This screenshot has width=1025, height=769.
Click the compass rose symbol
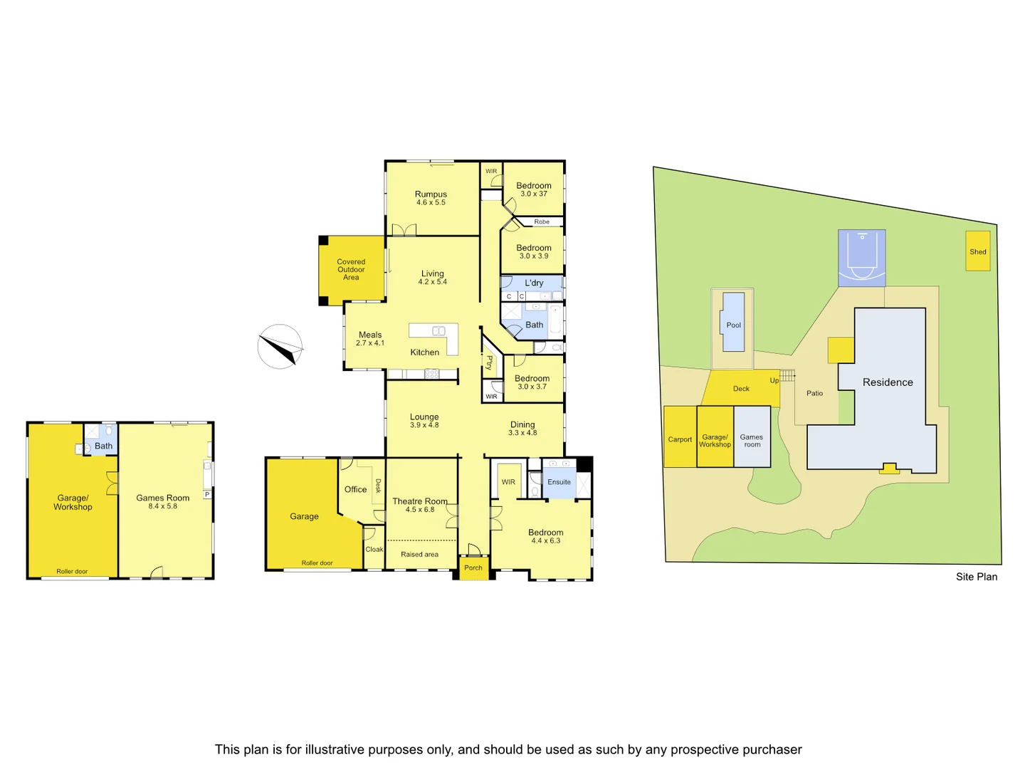coord(280,347)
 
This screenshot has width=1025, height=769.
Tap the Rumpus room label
coord(431,194)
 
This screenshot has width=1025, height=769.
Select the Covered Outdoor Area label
coord(351,270)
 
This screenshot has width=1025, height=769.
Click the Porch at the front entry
coord(473,568)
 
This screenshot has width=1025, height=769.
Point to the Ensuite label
coord(559,482)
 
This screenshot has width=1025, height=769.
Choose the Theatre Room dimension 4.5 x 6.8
coord(420,510)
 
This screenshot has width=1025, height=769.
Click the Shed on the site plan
coord(978,251)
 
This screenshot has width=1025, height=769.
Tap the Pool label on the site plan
coord(733,325)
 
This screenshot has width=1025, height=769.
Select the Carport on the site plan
coord(680,439)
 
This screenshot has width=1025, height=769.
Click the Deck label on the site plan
coord(741,389)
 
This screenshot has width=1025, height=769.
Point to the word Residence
coord(888,382)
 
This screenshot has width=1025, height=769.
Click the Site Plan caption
coord(976,577)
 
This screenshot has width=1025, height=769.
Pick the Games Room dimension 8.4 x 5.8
coord(163,506)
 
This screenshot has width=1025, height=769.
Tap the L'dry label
coord(534,283)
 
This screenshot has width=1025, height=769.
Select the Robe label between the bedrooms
coord(542,222)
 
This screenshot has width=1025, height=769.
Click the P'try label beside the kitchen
coord(490,362)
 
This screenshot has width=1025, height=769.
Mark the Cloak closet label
coord(374,550)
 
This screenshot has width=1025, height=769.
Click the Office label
coord(355,489)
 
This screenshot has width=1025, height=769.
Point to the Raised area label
coord(419,555)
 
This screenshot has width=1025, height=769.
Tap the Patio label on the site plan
coord(814,393)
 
